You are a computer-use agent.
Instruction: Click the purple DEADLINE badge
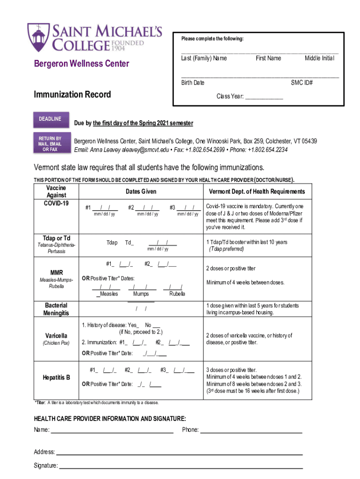pos(50,119)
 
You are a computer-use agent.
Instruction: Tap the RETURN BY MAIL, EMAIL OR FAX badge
pos(50,144)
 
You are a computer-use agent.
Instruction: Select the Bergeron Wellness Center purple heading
pos(81,64)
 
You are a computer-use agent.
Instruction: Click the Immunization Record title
pos(72,94)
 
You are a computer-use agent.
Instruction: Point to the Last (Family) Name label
pos(204,58)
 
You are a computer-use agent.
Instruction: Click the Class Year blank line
pos(264,97)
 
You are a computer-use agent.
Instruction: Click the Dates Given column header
pos(141,192)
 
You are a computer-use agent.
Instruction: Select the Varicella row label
pos(56,336)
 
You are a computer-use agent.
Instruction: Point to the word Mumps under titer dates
pos(141,294)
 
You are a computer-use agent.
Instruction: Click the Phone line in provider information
pos(251,430)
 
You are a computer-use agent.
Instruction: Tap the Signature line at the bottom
pos(180,466)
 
